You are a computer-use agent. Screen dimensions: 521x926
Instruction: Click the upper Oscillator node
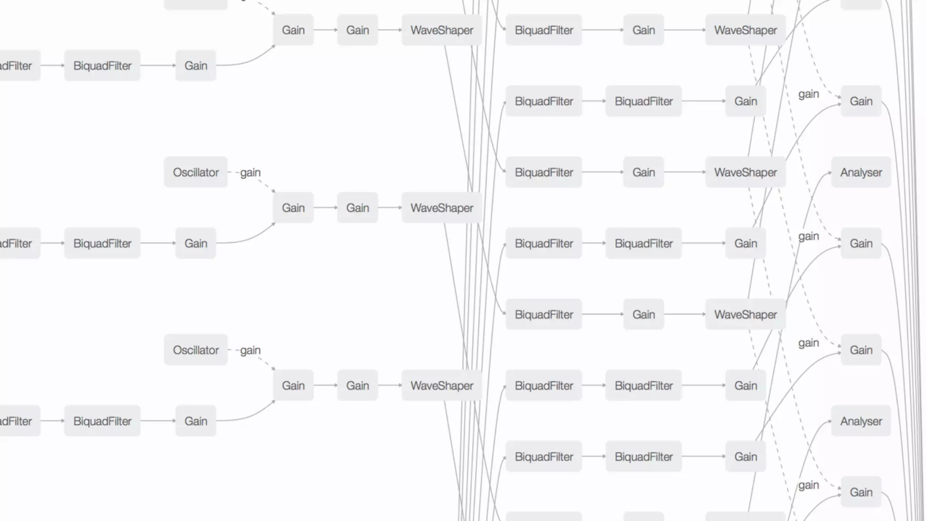[x=195, y=172]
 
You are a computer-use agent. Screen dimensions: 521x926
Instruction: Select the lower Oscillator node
[x=195, y=350]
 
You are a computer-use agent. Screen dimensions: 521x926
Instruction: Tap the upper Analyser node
[x=861, y=172]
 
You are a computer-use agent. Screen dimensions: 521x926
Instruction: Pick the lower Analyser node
[x=861, y=421]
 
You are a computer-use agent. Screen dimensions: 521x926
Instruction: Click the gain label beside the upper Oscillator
[x=250, y=172]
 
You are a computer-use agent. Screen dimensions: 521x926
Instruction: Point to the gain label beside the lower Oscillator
[x=250, y=350]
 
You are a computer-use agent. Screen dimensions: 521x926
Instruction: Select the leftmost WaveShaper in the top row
[x=442, y=30]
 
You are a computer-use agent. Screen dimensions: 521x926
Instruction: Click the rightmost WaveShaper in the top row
[x=745, y=30]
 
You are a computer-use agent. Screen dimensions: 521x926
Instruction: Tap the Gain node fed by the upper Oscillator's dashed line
[x=293, y=208]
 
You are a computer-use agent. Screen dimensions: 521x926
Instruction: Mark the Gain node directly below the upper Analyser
[x=861, y=243]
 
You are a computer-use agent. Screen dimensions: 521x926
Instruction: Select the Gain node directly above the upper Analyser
[x=861, y=101]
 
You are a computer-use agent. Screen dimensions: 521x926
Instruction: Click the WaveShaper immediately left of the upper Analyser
[x=745, y=172]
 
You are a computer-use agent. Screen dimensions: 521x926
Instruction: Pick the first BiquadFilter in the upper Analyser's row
[x=543, y=172]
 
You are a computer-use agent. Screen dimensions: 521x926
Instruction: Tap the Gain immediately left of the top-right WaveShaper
[x=643, y=30]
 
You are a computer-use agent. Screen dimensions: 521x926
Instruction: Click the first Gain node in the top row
[x=293, y=30]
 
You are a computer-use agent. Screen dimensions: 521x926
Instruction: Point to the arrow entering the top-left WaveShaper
[x=390, y=30]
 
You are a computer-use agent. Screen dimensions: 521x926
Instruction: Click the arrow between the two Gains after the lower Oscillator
[x=326, y=385]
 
